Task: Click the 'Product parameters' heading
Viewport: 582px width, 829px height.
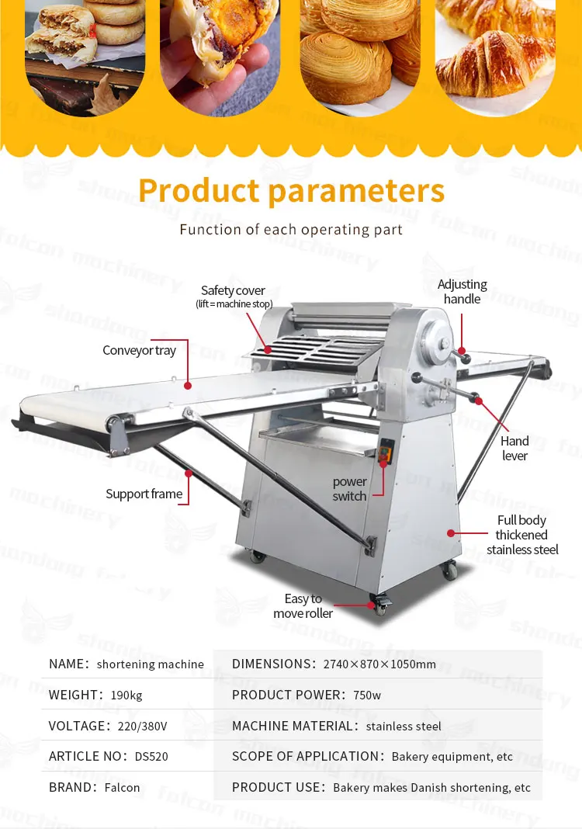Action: pos(291,191)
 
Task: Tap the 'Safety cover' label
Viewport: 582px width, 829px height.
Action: pos(233,291)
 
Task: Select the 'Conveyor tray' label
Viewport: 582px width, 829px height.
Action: pos(140,351)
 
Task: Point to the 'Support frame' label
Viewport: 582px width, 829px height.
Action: pos(144,494)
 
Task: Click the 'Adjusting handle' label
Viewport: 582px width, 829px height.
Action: pos(462,292)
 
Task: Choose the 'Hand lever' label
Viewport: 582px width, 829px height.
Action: pos(514,449)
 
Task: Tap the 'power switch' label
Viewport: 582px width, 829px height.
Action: pos(349,489)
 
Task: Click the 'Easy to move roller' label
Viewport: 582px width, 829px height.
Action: pos(303,606)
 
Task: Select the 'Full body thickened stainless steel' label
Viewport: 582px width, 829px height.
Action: pos(522,535)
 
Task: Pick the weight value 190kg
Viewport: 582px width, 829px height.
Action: pos(126,695)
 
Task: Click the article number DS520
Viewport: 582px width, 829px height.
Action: pos(151,757)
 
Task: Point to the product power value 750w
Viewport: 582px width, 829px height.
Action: pos(366,695)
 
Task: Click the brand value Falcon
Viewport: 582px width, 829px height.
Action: pos(122,788)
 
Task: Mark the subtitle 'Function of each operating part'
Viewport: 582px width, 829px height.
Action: pos(291,230)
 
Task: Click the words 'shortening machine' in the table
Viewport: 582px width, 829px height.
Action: pos(151,664)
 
